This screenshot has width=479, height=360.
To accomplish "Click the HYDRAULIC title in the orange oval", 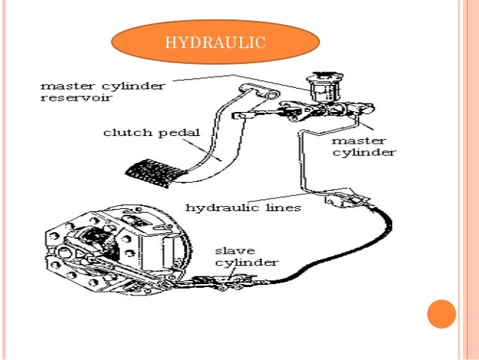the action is point(215,42).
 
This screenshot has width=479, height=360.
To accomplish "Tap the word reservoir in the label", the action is point(77,98).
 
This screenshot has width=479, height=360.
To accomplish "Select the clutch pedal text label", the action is point(152,133).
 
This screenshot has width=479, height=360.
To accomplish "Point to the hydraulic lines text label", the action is point(243,207).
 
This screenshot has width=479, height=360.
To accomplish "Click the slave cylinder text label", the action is point(247,257).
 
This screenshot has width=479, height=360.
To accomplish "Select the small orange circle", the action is point(441,314).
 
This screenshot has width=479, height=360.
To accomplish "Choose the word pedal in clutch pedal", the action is point(179,133).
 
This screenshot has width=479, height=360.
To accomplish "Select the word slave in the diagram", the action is point(235,251).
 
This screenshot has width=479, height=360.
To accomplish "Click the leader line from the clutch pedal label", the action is point(203,150).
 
